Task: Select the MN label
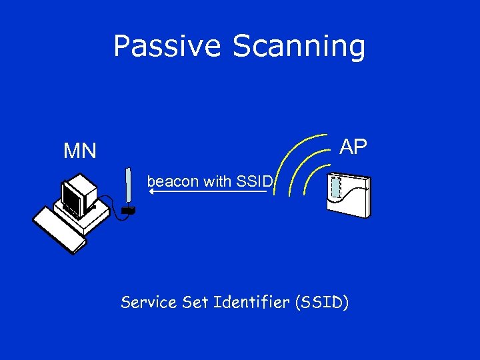pyautogui.click(x=80, y=151)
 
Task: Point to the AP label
pyautogui.click(x=353, y=147)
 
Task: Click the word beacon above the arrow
pyautogui.click(x=169, y=181)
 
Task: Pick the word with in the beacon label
pyautogui.click(x=214, y=181)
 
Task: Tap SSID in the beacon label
pyautogui.click(x=255, y=181)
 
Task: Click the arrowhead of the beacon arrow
pyautogui.click(x=151, y=191)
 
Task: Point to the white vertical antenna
pyautogui.click(x=127, y=187)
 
